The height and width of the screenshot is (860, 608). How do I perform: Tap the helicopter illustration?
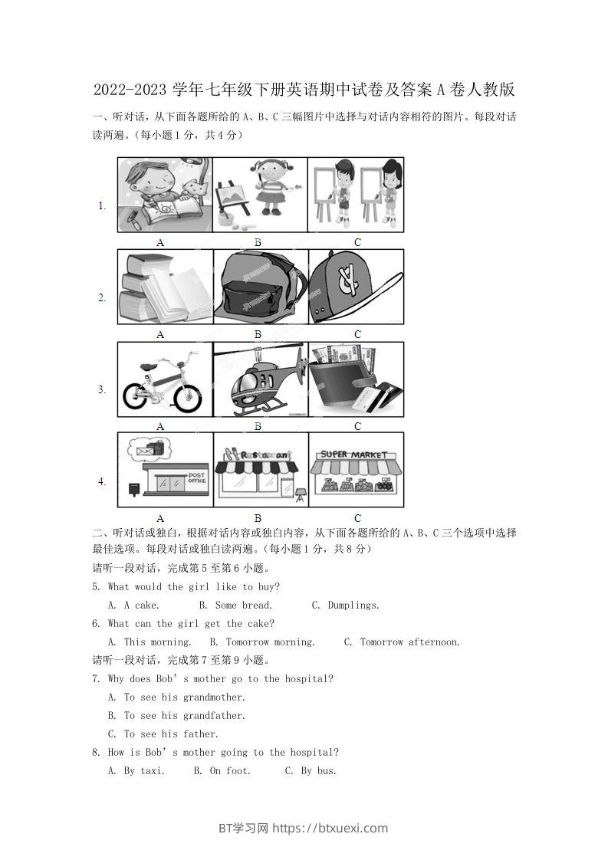coord(259,384)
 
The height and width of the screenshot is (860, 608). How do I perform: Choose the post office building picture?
coord(166,471)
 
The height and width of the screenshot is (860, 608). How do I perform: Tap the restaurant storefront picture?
coord(259,472)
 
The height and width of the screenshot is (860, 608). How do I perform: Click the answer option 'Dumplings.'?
coord(353,606)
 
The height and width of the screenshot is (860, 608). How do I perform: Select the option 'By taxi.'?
coord(144,771)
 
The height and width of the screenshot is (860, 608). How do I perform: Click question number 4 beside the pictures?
coord(101,481)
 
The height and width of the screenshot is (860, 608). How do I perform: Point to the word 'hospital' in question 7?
coord(307,679)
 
